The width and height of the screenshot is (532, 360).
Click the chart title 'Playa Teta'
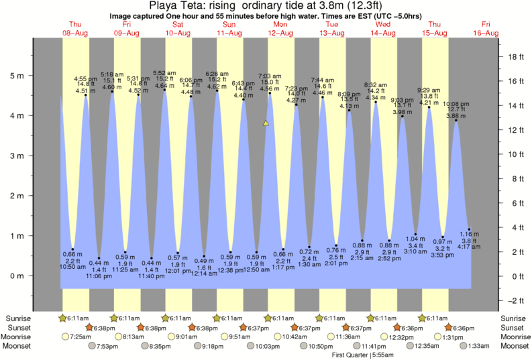point(176,6)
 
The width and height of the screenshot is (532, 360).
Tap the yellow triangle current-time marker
point(266,123)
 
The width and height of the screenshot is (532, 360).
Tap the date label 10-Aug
point(177,33)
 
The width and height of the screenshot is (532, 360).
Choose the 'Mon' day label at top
point(280,24)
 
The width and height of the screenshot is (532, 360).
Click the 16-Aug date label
point(486,33)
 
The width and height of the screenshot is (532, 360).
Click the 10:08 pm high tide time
point(456,105)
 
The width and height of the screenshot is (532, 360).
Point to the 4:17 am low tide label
point(469,247)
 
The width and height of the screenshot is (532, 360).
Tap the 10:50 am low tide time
point(72,266)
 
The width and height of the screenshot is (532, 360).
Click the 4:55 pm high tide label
point(85,79)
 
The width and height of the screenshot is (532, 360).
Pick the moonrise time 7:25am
point(80,337)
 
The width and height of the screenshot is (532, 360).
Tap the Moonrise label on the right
point(514,337)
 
